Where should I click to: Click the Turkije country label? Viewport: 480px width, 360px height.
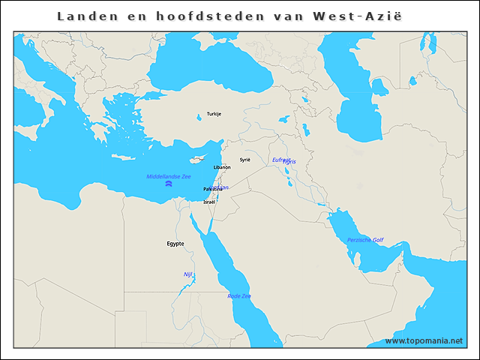tap(214, 114)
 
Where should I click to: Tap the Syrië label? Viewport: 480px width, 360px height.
tap(244, 160)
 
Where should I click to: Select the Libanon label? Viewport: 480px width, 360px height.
tap(222, 167)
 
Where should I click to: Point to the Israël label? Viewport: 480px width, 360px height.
tap(209, 202)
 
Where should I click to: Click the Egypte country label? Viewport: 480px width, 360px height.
tap(175, 244)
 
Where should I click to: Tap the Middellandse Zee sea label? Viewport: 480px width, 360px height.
tap(169, 176)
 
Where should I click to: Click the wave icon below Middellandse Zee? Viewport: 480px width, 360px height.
tap(169, 184)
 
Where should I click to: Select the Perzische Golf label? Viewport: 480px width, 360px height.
tap(365, 240)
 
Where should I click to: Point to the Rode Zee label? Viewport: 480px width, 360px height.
tap(239, 296)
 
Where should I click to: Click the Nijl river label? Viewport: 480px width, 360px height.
tap(188, 274)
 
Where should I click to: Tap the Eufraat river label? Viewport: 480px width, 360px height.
tap(280, 159)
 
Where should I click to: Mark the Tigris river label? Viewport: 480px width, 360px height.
tap(290, 162)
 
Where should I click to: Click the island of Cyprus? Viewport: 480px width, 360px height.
tap(196, 159)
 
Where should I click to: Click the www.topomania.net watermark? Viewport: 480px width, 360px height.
tap(424, 341)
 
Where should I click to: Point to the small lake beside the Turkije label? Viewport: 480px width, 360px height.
tap(199, 116)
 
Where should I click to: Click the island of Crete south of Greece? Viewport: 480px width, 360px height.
tap(121, 156)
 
